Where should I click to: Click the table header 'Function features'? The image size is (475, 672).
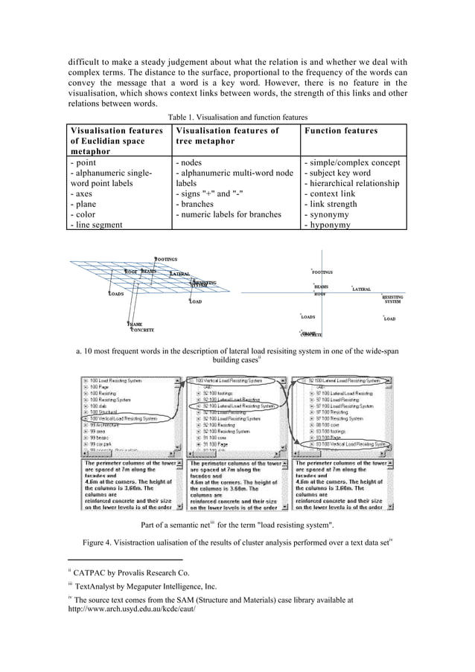(x=341, y=131)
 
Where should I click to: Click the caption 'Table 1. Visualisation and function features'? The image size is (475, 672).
(x=238, y=117)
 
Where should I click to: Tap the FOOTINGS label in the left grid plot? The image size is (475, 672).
(x=166, y=259)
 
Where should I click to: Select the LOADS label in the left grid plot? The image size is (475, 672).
(x=116, y=294)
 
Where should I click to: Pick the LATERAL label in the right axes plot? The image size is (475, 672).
(x=362, y=289)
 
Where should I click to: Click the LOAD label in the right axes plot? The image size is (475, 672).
(x=389, y=319)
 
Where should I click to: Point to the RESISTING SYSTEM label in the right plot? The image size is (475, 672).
(x=392, y=299)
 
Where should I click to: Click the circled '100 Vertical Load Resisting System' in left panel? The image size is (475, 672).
(x=123, y=419)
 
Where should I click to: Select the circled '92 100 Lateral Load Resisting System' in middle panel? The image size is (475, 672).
(x=238, y=407)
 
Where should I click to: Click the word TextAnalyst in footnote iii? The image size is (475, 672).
(x=96, y=586)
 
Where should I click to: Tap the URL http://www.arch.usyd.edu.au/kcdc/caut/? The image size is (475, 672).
(x=131, y=609)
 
